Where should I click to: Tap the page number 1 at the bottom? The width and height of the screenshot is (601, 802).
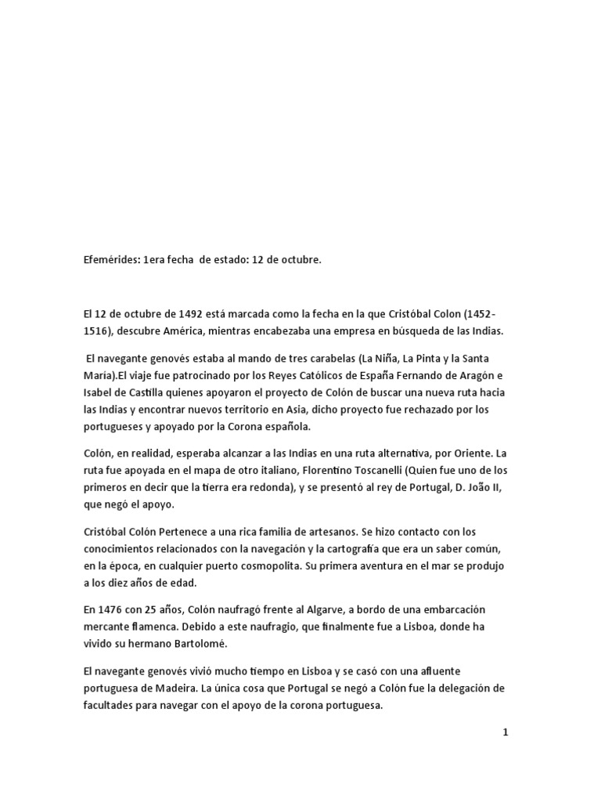506,733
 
